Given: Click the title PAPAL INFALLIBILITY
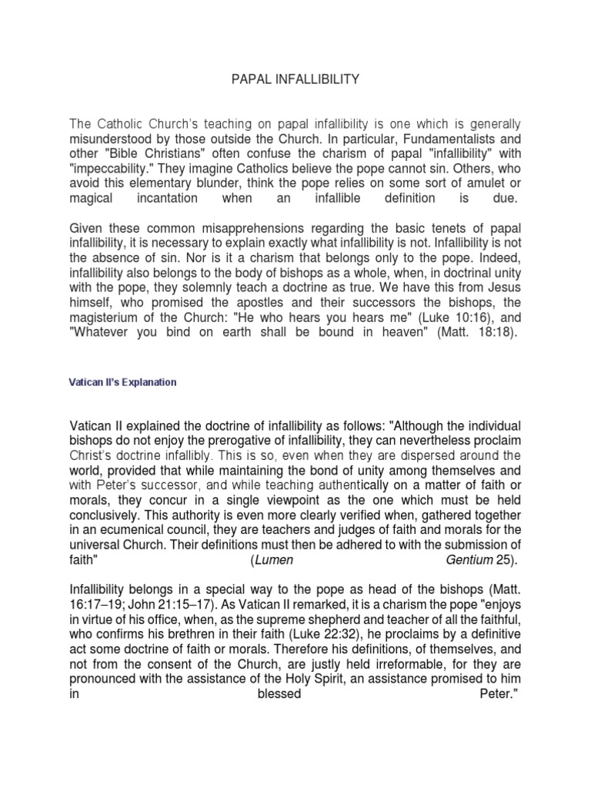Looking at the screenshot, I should pos(295,79).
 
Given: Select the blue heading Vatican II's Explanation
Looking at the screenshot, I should pos(123,382).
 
